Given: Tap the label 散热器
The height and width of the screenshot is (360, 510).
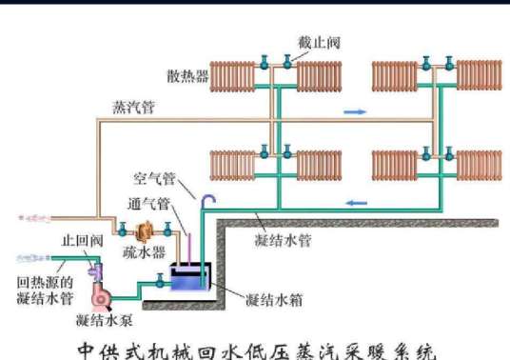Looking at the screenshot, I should click(x=186, y=75).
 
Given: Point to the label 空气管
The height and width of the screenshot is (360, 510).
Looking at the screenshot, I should click(x=154, y=180).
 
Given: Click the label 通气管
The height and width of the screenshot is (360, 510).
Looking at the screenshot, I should click(x=149, y=204).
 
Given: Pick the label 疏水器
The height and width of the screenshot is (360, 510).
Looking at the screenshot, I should click(x=145, y=252).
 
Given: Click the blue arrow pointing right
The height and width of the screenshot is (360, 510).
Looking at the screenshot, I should click(x=354, y=112).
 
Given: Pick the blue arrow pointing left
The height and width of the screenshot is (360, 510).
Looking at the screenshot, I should click(x=357, y=202).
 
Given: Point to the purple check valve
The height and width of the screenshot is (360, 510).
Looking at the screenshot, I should click(x=97, y=272).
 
